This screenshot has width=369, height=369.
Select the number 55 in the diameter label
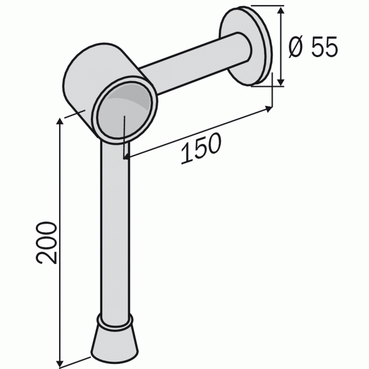point(325,48)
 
